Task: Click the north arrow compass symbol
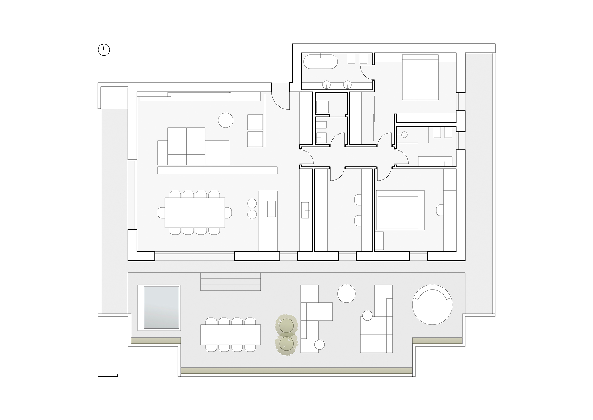coord(104,49)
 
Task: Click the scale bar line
coord(107,376)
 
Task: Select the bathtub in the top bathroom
coord(320,62)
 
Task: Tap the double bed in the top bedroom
coord(420,77)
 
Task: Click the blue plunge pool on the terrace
coord(161,308)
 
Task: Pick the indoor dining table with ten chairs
coord(195,212)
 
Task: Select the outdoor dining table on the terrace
coord(231,334)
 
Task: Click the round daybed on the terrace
coord(432,305)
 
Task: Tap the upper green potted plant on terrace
coord(286,325)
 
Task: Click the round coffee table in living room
coord(226,120)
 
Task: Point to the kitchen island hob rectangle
coord(271,209)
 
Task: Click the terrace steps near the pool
coord(231,282)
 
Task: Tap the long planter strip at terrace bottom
coord(296,371)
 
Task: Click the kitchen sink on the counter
coord(305,210)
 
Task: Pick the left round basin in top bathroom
coord(326,84)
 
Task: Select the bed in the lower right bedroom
coord(401,210)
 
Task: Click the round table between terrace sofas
coord(347,294)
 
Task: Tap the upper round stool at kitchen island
coord(252,204)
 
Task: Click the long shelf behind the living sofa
coord(217,170)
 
